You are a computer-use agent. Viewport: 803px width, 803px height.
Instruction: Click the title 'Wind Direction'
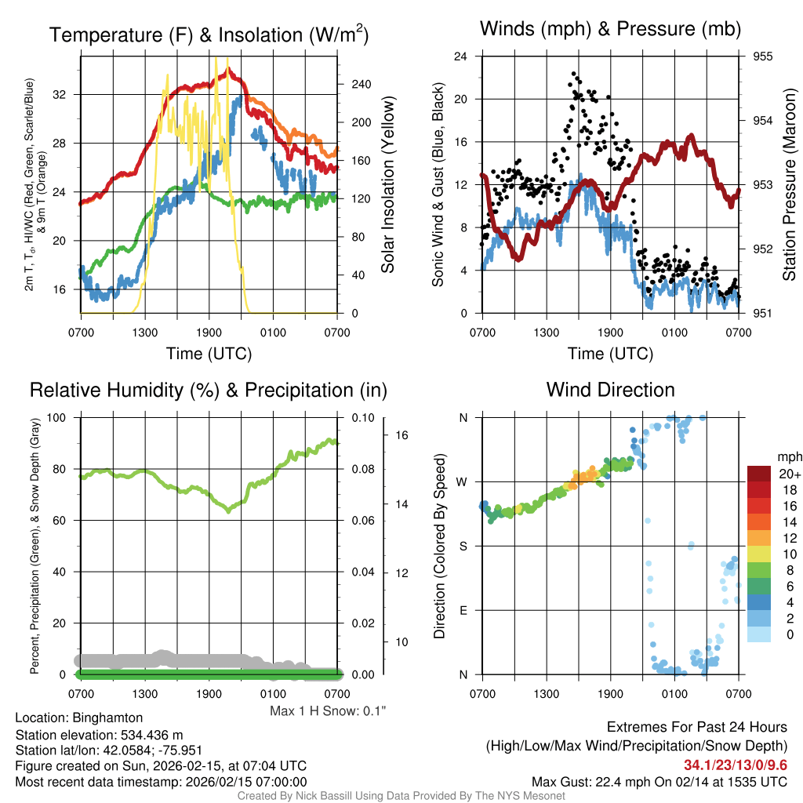click(x=610, y=390)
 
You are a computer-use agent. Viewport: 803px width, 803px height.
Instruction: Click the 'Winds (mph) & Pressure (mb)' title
click(x=610, y=30)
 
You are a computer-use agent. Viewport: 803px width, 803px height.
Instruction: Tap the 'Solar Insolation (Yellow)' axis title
click(x=387, y=185)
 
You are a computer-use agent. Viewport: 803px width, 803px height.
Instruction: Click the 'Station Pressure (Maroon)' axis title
click(x=790, y=185)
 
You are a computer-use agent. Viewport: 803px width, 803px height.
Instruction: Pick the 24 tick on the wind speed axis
click(x=461, y=56)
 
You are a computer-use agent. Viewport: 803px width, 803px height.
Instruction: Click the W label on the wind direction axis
click(x=463, y=481)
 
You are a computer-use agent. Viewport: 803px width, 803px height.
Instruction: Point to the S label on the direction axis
click(x=463, y=546)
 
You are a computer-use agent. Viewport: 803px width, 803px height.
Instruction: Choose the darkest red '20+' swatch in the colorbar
click(x=760, y=474)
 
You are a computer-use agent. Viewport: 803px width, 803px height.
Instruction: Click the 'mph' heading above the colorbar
click(x=788, y=456)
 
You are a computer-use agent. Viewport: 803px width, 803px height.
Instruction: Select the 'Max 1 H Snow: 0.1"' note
click(x=329, y=711)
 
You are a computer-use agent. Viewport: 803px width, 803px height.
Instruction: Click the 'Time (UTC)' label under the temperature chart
click(x=209, y=354)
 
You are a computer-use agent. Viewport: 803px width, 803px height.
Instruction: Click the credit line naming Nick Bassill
click(x=401, y=796)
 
